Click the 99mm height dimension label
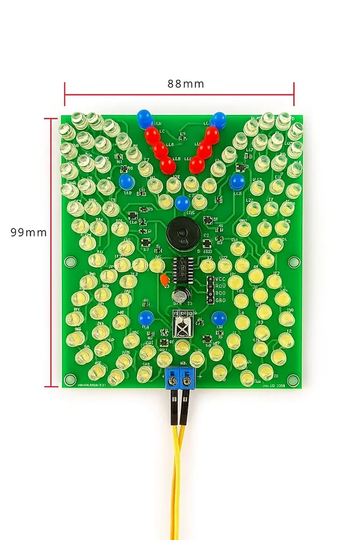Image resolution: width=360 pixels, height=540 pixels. (29, 233)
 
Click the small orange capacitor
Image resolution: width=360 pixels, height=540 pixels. (164, 280)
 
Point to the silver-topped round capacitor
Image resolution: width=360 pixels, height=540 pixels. (180, 295)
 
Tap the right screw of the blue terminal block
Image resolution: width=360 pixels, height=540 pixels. (187, 382)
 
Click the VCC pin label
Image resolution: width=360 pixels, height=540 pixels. (220, 279)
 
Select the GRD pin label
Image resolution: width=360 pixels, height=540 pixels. (220, 300)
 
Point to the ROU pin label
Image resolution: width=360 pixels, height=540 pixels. (220, 286)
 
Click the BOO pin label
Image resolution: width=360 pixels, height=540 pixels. (220, 293)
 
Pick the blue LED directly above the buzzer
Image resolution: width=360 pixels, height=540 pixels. (182, 204)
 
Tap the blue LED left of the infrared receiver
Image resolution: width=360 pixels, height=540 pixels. (145, 318)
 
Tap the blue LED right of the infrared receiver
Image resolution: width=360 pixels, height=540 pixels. (219, 318)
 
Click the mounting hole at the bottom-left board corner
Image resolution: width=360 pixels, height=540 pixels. (69, 379)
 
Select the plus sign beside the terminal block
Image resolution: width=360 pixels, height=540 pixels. (200, 376)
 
